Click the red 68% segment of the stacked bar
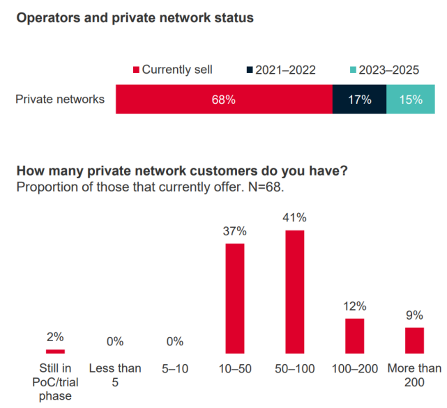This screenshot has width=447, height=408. tap(224, 100)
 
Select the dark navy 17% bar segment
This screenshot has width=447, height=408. tap(359, 100)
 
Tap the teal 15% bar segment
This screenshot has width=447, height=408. tap(411, 100)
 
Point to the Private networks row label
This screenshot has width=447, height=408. tap(60, 100)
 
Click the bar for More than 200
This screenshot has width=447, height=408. tap(414, 340)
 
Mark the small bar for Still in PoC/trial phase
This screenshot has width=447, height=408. tap(56, 351)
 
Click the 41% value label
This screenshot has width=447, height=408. tap(295, 218)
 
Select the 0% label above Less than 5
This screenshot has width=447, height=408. tap(115, 341)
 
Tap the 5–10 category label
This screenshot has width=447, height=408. tap(175, 368)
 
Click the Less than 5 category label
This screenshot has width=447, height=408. tap(115, 374)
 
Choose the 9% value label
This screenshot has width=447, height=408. tap(414, 315)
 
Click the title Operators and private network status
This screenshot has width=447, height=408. tap(135, 18)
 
